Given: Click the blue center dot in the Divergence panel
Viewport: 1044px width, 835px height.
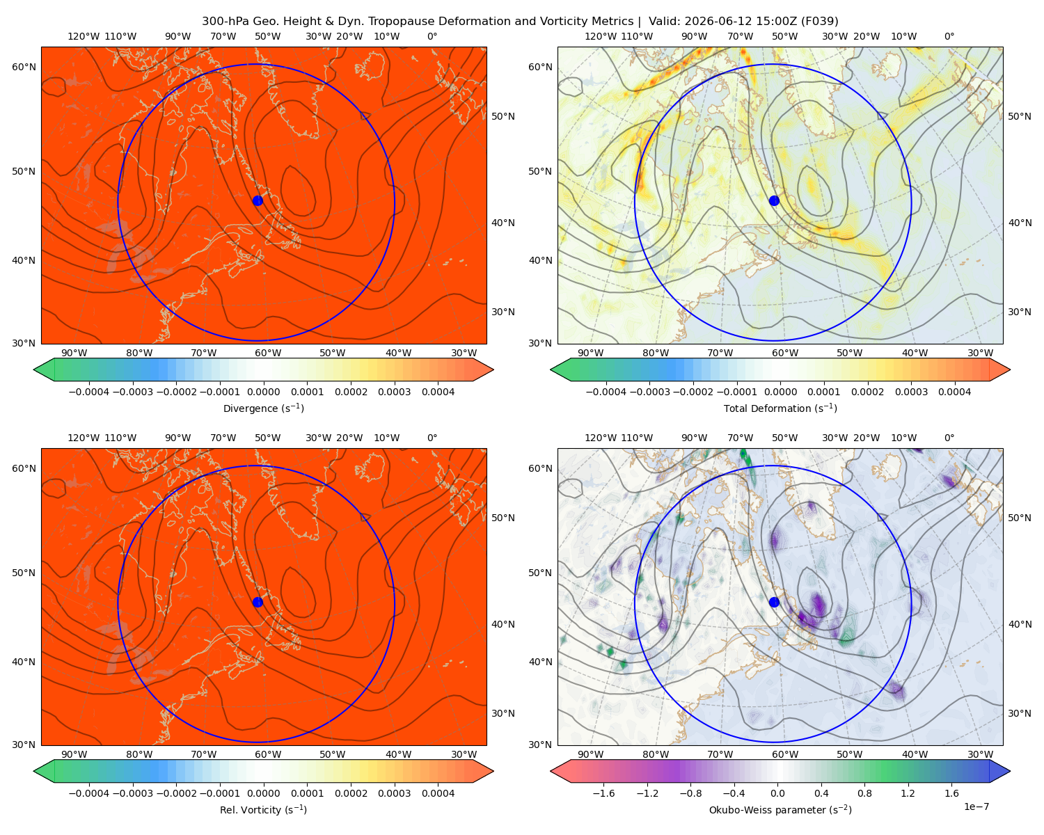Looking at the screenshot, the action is (x=258, y=200).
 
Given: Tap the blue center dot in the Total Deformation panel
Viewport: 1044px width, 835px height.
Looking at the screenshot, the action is (x=774, y=200).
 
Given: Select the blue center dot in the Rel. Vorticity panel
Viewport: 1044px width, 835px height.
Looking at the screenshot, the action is (x=258, y=602).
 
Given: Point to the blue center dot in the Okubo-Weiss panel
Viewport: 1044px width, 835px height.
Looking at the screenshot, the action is (x=774, y=602).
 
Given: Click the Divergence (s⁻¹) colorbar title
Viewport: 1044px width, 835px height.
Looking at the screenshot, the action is (x=263, y=408).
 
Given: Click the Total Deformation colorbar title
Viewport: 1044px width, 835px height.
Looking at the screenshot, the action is (x=780, y=408).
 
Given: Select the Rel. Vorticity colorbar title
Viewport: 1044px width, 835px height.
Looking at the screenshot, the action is (x=263, y=809).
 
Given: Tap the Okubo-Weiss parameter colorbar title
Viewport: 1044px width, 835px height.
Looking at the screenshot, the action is (x=780, y=809).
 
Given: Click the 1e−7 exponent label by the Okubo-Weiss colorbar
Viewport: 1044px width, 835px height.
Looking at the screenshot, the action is (x=976, y=806).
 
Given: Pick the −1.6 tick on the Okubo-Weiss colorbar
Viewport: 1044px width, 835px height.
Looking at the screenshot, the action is (x=603, y=793).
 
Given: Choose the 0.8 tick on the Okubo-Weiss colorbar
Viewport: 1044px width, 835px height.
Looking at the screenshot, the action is (x=864, y=793).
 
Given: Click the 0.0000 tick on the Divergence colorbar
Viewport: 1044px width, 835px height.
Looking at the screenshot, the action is (x=263, y=392).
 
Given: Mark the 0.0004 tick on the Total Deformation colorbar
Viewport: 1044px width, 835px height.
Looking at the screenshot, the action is (x=954, y=392).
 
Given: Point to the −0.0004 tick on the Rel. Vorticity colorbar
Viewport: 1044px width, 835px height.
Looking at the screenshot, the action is (x=89, y=793).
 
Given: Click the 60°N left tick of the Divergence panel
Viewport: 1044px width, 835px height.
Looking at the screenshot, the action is (x=24, y=67).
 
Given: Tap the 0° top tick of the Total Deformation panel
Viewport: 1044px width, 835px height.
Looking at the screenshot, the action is (x=949, y=36).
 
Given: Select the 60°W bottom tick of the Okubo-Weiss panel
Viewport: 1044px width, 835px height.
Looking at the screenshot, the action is (x=784, y=754).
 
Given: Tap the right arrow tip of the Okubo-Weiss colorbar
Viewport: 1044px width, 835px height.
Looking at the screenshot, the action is (x=1010, y=771).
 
